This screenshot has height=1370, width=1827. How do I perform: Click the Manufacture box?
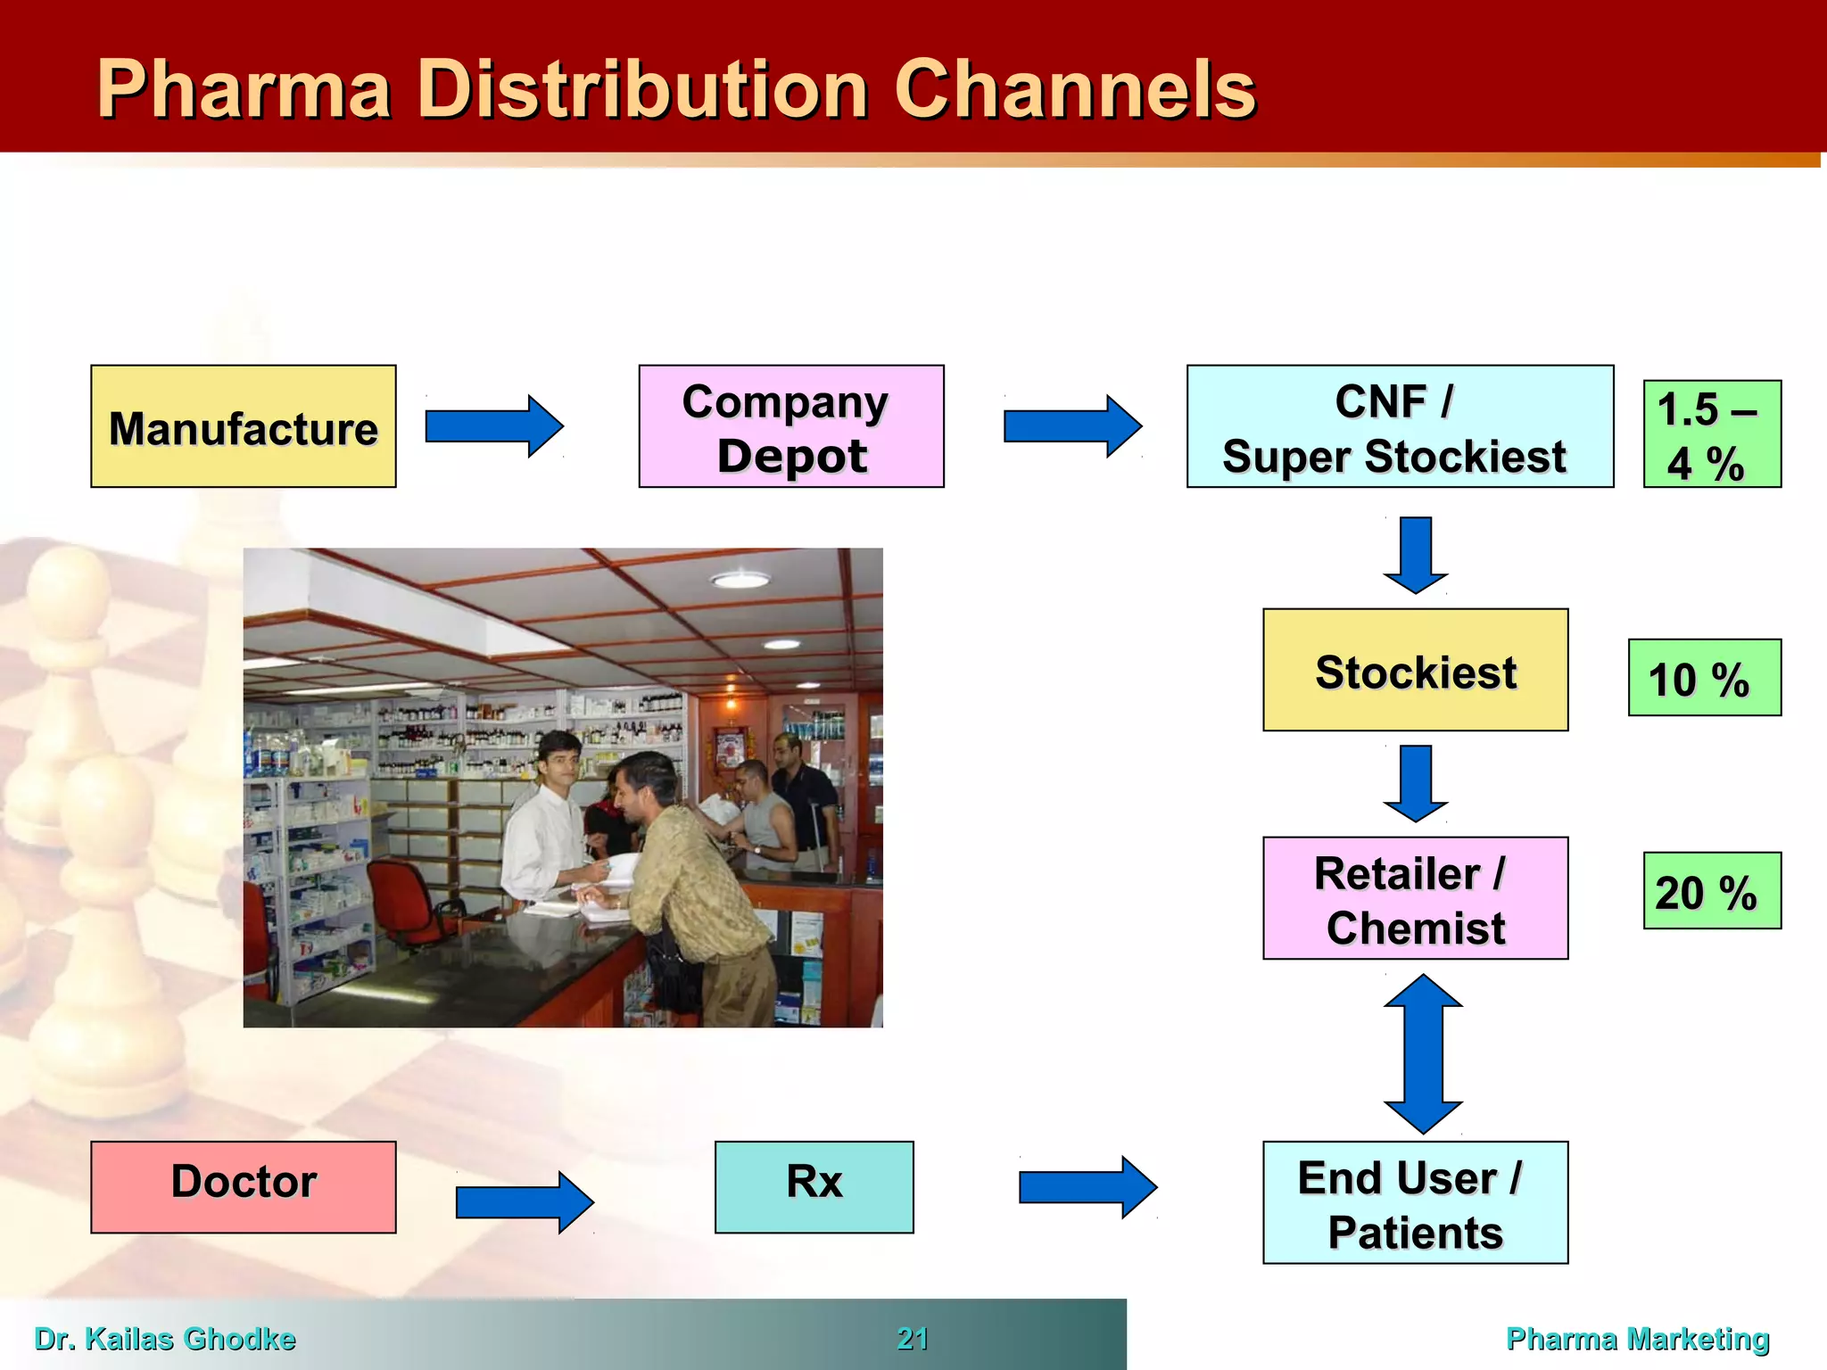click(243, 426)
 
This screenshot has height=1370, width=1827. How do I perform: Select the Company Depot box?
click(790, 426)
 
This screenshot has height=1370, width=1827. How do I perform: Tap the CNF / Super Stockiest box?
click(1399, 426)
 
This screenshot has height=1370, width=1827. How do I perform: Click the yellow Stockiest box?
click(1415, 670)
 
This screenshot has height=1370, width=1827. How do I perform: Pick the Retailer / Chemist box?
click(1415, 898)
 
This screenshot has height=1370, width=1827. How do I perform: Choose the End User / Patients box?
click(1415, 1202)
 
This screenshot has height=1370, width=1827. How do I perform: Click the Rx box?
click(814, 1186)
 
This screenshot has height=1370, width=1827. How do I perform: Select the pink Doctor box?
click(243, 1186)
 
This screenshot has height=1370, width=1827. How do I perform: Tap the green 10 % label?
click(1704, 678)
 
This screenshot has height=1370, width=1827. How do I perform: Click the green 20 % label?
click(1711, 891)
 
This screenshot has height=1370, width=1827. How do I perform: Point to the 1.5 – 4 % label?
click(1711, 434)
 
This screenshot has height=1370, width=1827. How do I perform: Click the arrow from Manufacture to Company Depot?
click(493, 426)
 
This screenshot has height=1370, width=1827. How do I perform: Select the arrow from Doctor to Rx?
click(524, 1202)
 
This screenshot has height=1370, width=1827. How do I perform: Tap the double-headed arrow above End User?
click(1422, 1053)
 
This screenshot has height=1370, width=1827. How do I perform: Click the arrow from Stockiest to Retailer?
click(1416, 782)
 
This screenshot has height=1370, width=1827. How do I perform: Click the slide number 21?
click(913, 1339)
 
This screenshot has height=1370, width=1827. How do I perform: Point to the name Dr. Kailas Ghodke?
click(165, 1339)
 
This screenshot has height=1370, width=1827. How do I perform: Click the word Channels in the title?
click(1074, 89)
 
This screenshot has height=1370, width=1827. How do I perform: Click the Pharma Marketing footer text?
click(1637, 1339)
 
